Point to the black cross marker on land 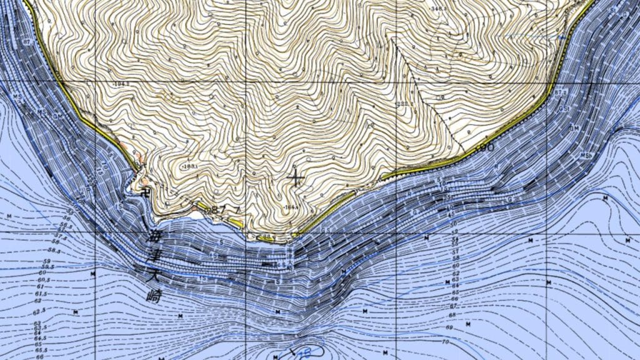click(x=295, y=179)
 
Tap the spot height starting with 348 click(x=439, y=8)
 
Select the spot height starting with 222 click(x=404, y=103)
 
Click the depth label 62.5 click(x=39, y=310)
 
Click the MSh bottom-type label click(x=586, y=154)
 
